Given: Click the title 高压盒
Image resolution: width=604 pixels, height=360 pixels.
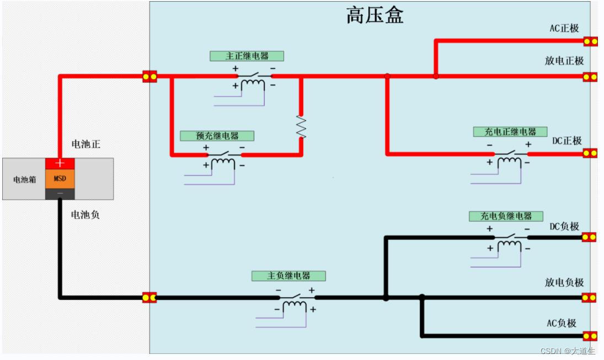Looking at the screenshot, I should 375,15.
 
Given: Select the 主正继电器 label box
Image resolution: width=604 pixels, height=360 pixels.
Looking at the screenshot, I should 247,56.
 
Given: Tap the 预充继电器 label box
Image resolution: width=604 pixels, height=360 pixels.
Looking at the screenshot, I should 217,136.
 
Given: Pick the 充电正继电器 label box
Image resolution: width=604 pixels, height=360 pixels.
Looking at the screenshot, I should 510,132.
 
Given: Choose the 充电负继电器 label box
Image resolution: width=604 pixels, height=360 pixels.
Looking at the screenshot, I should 506,216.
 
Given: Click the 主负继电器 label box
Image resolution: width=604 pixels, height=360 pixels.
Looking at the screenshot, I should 288,276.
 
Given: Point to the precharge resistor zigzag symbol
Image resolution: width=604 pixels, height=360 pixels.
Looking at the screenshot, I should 301,127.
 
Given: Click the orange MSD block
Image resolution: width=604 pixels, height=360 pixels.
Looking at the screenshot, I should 60,179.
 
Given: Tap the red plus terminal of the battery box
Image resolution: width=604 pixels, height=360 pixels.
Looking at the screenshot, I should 60,163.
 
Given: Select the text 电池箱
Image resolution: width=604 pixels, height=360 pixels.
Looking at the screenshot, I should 24,179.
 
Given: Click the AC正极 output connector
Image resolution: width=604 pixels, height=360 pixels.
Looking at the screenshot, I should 590,41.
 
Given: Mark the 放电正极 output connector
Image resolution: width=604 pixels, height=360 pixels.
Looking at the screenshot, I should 590,77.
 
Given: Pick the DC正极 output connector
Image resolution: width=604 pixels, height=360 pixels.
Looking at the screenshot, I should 590,153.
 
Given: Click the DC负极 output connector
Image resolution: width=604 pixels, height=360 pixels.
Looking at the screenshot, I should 589,237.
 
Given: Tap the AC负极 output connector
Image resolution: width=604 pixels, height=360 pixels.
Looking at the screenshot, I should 590,336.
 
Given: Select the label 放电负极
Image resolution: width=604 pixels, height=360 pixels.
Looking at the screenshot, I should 564,283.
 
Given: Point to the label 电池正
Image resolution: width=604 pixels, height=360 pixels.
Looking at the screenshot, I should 85,144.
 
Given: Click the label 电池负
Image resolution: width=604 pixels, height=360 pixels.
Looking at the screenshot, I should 85,215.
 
